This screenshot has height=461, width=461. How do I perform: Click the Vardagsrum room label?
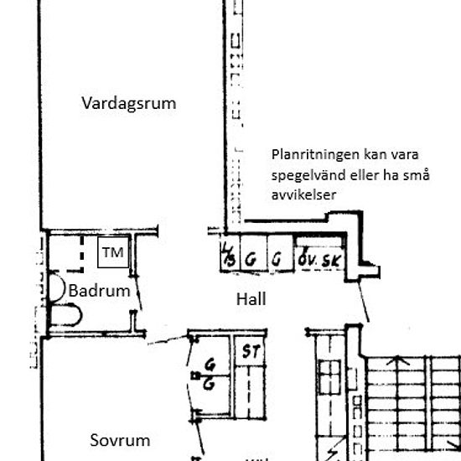point(128,103)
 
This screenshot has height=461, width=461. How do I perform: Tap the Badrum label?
point(100,292)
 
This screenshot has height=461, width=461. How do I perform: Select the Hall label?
point(251,298)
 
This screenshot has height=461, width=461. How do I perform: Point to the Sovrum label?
point(119,440)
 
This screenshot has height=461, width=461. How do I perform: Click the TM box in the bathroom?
point(112,253)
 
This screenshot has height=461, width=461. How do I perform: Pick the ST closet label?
point(249,350)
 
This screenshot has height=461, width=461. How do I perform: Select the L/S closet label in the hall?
point(228,256)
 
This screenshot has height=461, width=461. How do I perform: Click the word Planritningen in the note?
point(315,155)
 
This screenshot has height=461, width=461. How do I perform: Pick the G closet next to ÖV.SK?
point(276,259)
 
